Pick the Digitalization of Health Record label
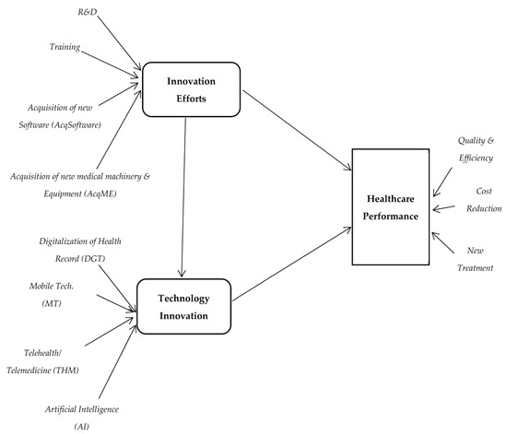(x=79, y=249)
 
